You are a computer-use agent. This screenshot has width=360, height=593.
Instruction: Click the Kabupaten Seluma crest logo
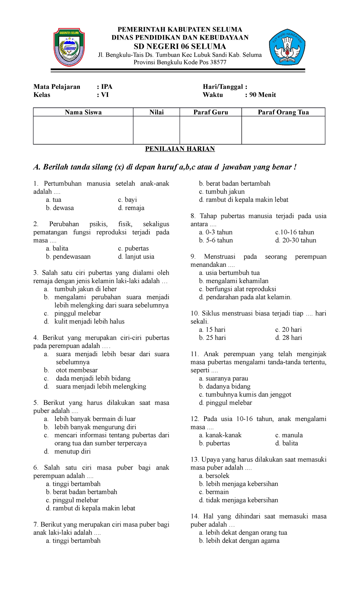(69, 47)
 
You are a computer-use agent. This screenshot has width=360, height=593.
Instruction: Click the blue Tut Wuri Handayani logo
(287, 47)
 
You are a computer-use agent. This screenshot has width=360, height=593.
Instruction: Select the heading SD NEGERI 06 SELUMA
(180, 47)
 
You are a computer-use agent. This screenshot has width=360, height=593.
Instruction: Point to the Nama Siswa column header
(83, 112)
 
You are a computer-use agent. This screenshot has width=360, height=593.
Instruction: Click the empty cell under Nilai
(156, 130)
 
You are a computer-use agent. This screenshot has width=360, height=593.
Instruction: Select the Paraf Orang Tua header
(283, 112)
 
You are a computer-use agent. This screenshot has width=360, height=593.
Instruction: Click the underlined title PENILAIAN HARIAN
(180, 149)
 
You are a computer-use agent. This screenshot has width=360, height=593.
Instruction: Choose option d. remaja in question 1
(131, 208)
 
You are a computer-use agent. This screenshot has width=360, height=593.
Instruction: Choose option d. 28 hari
(288, 338)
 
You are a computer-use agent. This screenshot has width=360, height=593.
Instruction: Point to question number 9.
(193, 257)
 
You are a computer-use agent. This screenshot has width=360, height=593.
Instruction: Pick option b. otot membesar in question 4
(76, 370)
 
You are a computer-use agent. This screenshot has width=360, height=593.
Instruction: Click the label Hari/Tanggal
(223, 87)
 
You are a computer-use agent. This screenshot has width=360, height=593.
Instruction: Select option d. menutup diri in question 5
(72, 451)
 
